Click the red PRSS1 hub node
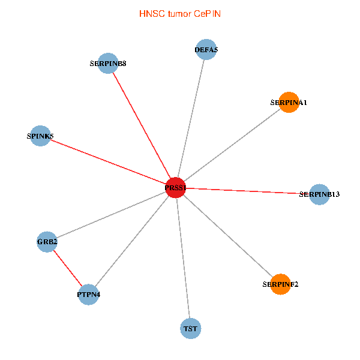pos(175,188)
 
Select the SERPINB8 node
pos(108,63)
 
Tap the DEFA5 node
pos(206,50)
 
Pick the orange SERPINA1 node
pos(289,102)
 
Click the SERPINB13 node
pos(320,194)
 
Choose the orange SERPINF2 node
pos(280,284)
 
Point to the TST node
pos(190,328)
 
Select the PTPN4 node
pos(88,295)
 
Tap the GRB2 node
pos(47,242)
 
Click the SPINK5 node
pos(40,136)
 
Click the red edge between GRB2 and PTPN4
pos(67,268)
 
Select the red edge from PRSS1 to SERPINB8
pos(142,125)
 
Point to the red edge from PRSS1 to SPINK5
pos(107,162)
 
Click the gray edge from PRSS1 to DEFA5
pos(191,119)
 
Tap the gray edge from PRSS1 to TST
pos(183,258)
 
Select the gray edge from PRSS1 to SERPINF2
pos(228,236)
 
